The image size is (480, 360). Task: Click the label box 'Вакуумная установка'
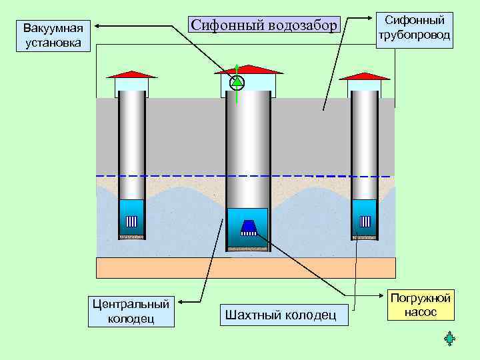tap(53, 36)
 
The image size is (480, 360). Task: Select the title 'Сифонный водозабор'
tap(265, 25)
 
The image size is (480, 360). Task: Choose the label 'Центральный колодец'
tap(131, 311)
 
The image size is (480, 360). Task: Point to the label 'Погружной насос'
tap(421, 305)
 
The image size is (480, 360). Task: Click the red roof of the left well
tap(131, 74)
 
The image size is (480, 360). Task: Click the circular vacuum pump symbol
tap(237, 83)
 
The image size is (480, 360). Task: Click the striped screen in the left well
tap(131, 222)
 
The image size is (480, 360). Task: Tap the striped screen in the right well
tap(365, 222)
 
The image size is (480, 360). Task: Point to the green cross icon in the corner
tap(449, 339)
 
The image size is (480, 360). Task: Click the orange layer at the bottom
tap(246, 267)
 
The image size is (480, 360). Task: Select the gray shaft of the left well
tap(131, 143)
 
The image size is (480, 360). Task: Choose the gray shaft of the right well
tap(365, 143)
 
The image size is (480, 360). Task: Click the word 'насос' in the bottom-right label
tap(421, 311)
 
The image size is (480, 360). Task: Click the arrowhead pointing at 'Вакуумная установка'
tap(97, 27)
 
